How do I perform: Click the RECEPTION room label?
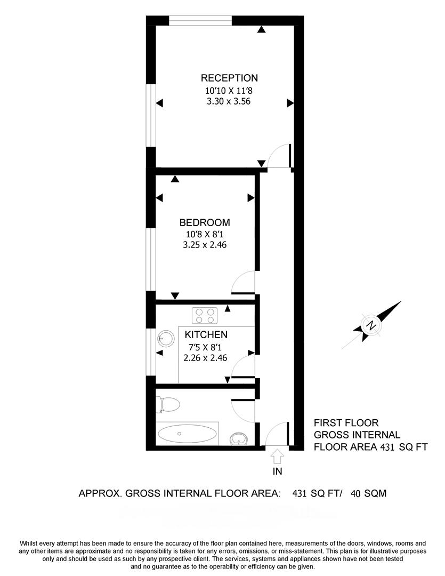pyautogui.click(x=229, y=78)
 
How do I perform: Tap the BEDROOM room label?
pyautogui.click(x=205, y=222)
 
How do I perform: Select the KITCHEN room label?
pyautogui.click(x=206, y=335)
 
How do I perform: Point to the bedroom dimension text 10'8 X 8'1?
pyautogui.click(x=205, y=234)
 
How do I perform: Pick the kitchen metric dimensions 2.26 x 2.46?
pyautogui.click(x=205, y=358)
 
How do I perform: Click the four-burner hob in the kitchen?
pyautogui.click(x=205, y=315)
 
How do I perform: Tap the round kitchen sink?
pyautogui.click(x=165, y=338)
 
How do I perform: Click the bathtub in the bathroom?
pyautogui.click(x=187, y=434)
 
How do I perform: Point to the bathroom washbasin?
pyautogui.click(x=238, y=438)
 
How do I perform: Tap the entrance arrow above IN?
pyautogui.click(x=277, y=456)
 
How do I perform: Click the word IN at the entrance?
pyautogui.click(x=277, y=471)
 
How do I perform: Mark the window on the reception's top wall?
pyautogui.click(x=201, y=21)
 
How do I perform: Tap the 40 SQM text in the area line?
pyautogui.click(x=368, y=494)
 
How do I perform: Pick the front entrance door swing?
pyautogui.click(x=277, y=435)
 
